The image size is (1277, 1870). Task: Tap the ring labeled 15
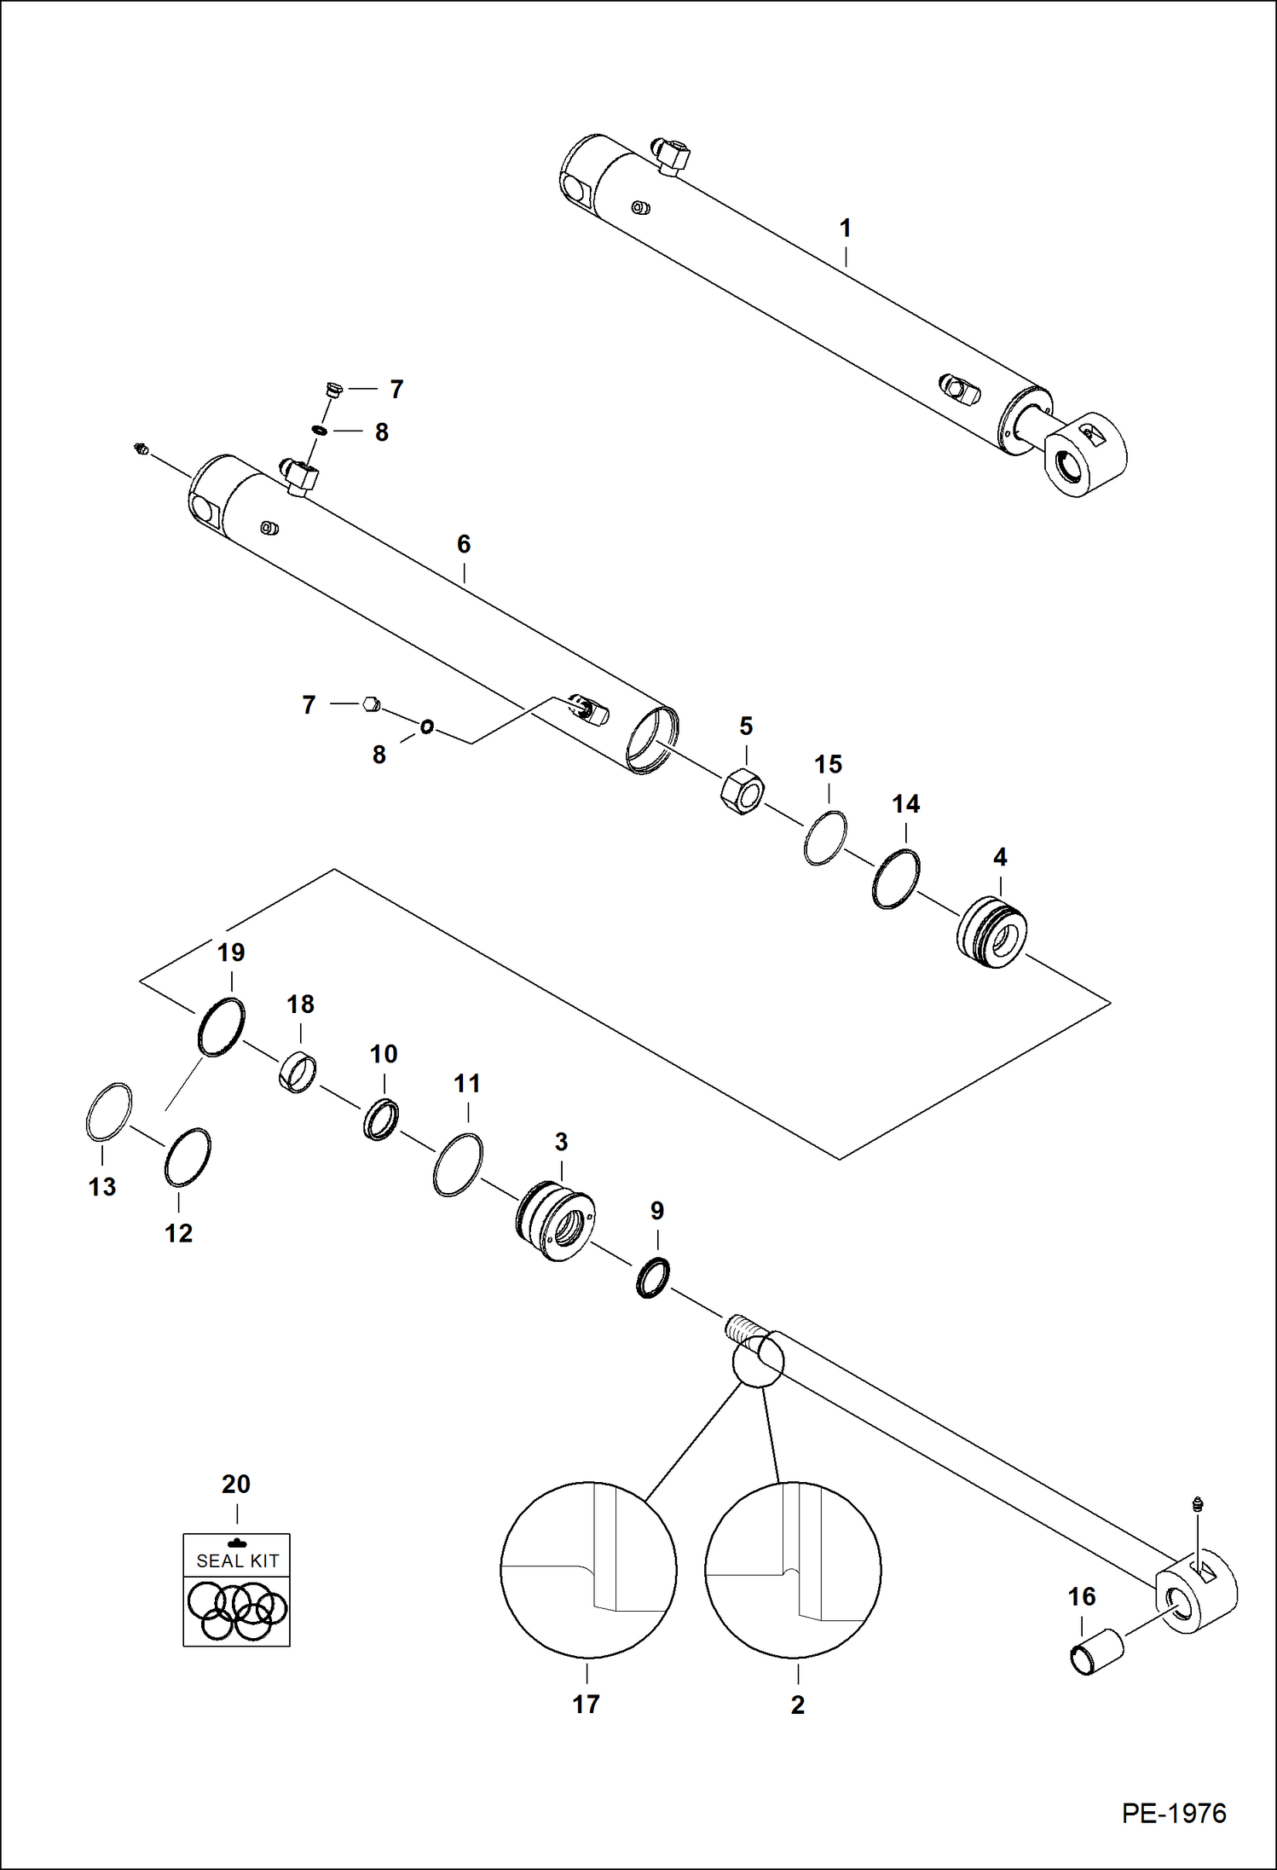pyautogui.click(x=825, y=837)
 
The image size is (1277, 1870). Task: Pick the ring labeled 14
pyautogui.click(x=896, y=878)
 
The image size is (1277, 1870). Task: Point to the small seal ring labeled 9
pyautogui.click(x=653, y=1277)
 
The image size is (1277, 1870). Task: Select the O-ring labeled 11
pyautogui.click(x=458, y=1165)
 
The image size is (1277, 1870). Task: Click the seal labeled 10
pyautogui.click(x=381, y=1120)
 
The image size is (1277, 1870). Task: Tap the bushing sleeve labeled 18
pyautogui.click(x=298, y=1073)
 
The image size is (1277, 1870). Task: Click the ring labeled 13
pyautogui.click(x=109, y=1111)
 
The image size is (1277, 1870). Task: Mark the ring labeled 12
pyautogui.click(x=187, y=1157)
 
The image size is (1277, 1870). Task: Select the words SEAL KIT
pyautogui.click(x=237, y=1561)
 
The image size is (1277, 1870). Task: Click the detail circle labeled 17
pyautogui.click(x=588, y=1570)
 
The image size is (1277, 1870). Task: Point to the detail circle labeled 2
pyautogui.click(x=793, y=1570)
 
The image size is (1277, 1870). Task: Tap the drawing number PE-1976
pyautogui.click(x=1174, y=1813)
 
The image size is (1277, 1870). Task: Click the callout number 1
pyautogui.click(x=845, y=229)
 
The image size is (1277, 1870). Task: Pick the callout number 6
pyautogui.click(x=464, y=544)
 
